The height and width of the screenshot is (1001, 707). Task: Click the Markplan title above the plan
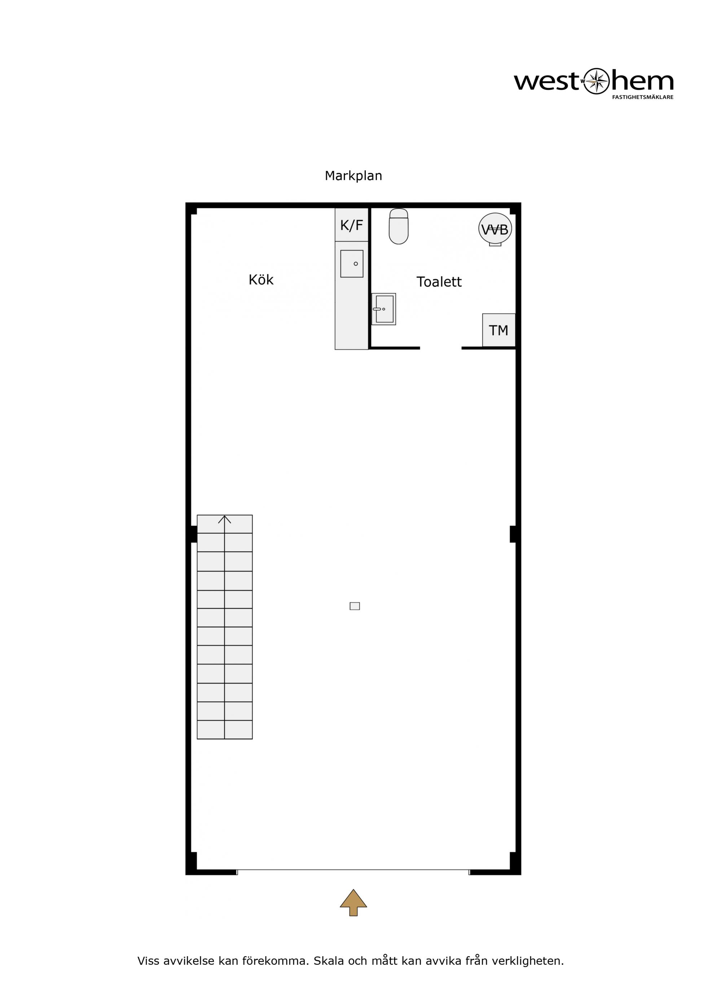(x=353, y=176)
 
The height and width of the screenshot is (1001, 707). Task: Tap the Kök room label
(x=261, y=279)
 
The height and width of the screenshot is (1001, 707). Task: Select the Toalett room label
(x=439, y=282)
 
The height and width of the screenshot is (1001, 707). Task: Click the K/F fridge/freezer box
(x=352, y=225)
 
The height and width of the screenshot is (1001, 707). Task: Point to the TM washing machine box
(x=499, y=330)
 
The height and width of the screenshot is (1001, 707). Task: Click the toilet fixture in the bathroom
(x=399, y=226)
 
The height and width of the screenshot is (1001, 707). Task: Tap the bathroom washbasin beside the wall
(x=384, y=309)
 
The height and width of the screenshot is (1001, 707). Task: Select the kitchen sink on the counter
(x=352, y=264)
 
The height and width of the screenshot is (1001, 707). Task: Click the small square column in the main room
(x=355, y=606)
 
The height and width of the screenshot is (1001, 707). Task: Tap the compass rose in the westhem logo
(x=596, y=81)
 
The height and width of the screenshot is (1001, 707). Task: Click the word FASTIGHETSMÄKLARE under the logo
(x=642, y=97)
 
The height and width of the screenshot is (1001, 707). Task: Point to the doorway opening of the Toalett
(x=441, y=348)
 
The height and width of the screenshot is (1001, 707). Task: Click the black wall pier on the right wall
(x=513, y=534)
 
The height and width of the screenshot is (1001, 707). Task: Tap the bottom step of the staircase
(x=225, y=730)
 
